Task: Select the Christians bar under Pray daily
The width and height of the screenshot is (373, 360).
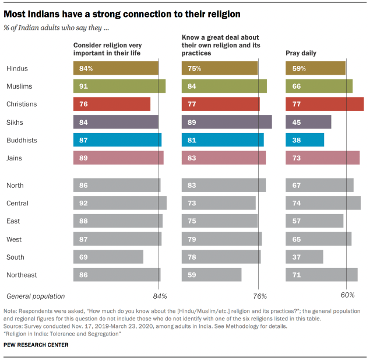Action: click(x=324, y=104)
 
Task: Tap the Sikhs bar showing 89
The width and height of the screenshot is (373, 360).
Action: click(x=227, y=122)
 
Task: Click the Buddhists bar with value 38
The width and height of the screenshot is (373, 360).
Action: click(x=304, y=140)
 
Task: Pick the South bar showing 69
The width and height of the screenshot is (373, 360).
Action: click(x=108, y=257)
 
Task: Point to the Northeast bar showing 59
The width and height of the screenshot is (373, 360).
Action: click(x=212, y=275)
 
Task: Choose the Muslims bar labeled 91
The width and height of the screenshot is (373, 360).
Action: click(x=119, y=86)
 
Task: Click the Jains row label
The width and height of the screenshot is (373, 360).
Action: click(x=15, y=158)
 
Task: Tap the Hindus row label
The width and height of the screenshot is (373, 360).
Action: click(x=17, y=68)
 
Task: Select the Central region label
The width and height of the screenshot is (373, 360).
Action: click(x=17, y=203)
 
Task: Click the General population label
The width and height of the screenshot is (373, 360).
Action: click(x=36, y=296)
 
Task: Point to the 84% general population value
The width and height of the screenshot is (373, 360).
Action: click(x=160, y=296)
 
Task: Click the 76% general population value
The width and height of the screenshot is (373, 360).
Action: click(x=259, y=296)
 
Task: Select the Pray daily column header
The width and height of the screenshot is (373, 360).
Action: click(x=301, y=53)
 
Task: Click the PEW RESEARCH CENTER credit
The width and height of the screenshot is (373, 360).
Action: click(x=36, y=345)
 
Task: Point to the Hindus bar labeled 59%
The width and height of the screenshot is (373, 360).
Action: click(x=315, y=68)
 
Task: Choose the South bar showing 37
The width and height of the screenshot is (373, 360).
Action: click(x=304, y=257)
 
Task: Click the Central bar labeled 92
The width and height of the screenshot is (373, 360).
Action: click(x=120, y=203)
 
